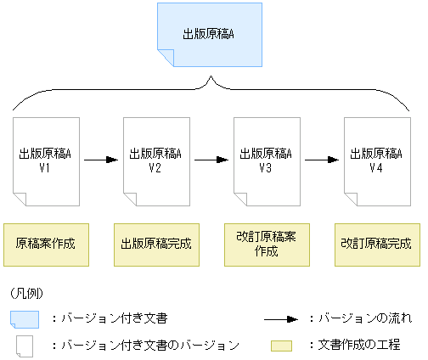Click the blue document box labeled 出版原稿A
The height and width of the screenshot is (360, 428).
coord(209,35)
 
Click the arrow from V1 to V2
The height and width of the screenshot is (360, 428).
coord(101,159)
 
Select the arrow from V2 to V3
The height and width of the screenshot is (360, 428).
coord(211,159)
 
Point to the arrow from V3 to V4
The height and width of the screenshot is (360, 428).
coord(322,159)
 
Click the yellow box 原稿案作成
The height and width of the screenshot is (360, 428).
coord(46,244)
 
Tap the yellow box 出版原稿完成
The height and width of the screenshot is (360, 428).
coord(155,244)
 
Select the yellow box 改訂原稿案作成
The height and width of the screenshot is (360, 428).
coord(266,244)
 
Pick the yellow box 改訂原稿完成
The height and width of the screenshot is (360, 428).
coord(376,244)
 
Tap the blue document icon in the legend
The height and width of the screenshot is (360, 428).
coord(25,318)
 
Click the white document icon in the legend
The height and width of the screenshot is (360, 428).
coord(25,346)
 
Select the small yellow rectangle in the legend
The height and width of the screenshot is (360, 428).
coord(283,346)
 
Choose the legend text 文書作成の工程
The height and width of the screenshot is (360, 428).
coord(363,346)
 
